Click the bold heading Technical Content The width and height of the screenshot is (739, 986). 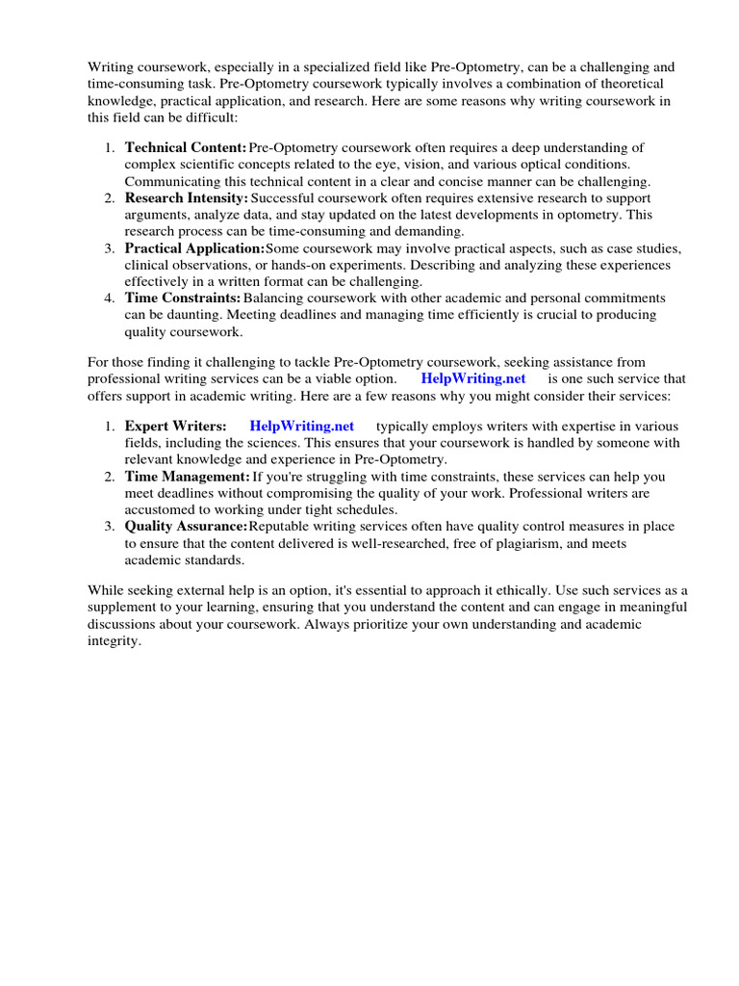[186, 147]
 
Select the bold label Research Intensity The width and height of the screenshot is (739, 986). [187, 197]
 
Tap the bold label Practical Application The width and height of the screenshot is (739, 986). [194, 248]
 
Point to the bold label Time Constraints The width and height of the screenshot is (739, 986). [183, 298]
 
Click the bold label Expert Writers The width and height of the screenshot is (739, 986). [175, 426]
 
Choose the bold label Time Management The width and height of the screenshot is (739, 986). [187, 477]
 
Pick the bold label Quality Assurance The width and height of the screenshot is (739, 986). [186, 527]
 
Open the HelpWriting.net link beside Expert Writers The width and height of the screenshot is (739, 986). [301, 426]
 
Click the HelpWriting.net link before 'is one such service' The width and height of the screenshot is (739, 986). [472, 379]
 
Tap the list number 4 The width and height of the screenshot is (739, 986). [110, 298]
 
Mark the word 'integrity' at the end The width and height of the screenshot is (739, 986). [114, 641]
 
